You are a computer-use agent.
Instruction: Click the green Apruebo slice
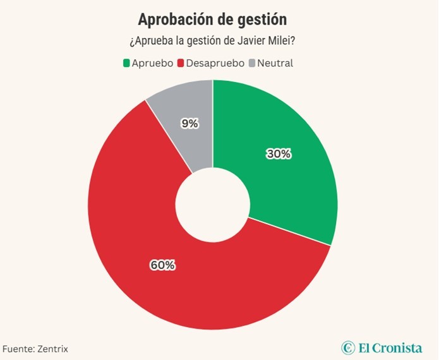tap(284, 177)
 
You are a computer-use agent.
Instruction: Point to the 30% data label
tap(278, 154)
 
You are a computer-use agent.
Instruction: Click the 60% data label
tap(162, 265)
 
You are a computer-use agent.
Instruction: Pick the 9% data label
tap(189, 124)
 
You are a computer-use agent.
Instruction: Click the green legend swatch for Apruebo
tap(126, 63)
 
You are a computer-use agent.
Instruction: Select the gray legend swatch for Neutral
tap(253, 63)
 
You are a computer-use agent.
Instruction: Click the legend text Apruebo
tap(152, 63)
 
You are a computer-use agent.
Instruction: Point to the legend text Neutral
tap(275, 63)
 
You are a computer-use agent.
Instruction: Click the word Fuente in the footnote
tap(16, 349)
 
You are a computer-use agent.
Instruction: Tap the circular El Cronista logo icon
tap(348, 347)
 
